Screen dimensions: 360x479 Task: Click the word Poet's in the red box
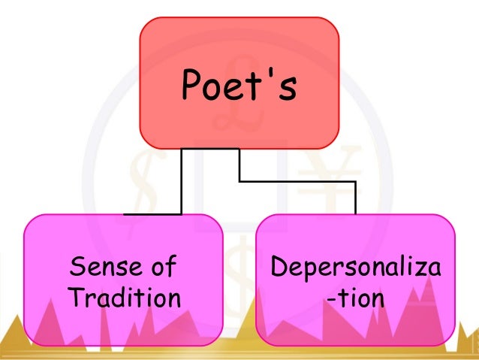239,87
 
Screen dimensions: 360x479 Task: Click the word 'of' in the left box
161,266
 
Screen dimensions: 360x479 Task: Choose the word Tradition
124,298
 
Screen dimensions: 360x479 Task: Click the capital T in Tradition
74,298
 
